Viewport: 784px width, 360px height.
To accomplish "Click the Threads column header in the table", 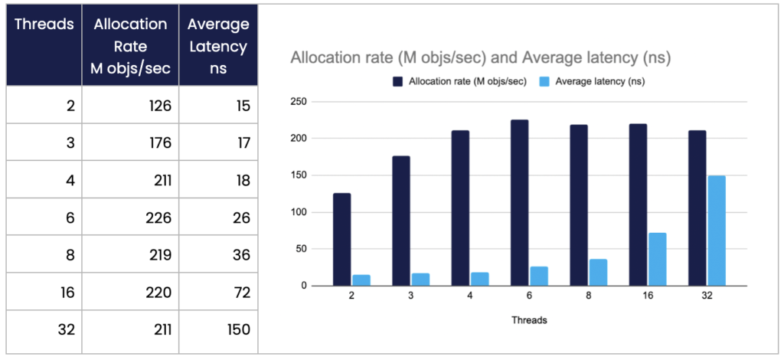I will (x=44, y=24).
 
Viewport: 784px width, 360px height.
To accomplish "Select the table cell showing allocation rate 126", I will (x=130, y=105).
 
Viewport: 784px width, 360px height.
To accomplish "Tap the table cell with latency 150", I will (x=219, y=329).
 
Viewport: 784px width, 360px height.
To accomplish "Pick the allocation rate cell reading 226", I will (x=130, y=217).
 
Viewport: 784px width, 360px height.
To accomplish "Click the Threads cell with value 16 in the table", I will (x=44, y=292).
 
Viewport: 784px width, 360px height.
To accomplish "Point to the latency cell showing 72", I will (x=219, y=292).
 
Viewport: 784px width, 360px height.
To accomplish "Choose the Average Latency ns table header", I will (x=218, y=47).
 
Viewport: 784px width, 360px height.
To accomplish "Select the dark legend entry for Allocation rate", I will (x=460, y=80).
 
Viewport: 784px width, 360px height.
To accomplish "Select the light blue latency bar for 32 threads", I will (x=717, y=231).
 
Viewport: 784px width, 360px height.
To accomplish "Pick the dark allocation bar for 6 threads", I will (x=520, y=203).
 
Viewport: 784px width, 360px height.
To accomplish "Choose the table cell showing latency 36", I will (x=219, y=254).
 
